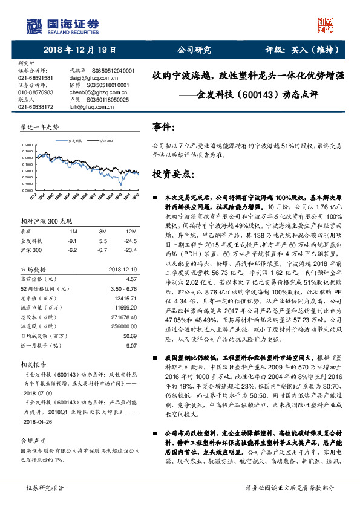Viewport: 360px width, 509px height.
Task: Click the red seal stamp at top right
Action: (x=327, y=25)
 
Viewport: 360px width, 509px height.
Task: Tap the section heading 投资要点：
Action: (x=174, y=173)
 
